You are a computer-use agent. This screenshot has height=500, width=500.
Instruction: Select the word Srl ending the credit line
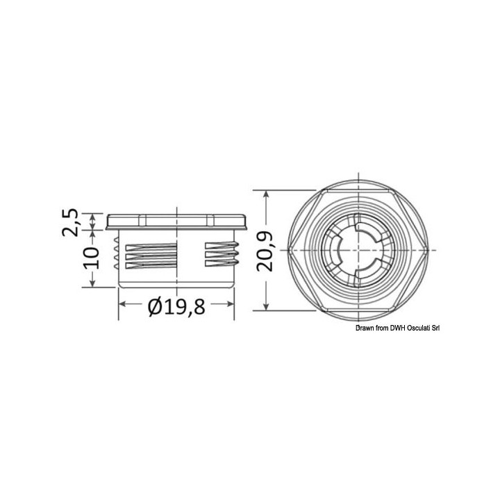pos(433,328)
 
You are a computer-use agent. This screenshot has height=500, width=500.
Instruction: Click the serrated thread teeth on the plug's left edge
pos(117,255)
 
